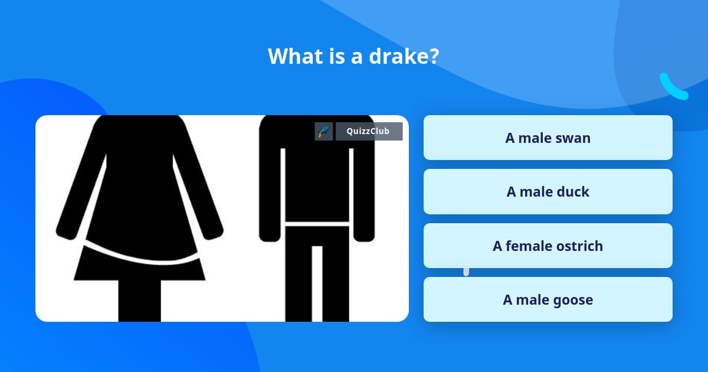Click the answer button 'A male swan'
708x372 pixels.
(x=548, y=138)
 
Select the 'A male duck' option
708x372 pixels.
(x=548, y=192)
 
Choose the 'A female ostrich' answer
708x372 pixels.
(x=548, y=246)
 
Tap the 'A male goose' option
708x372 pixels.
(x=548, y=299)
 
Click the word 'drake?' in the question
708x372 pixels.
(x=404, y=56)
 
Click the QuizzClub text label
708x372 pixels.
(x=368, y=131)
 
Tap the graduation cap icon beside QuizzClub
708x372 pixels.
(x=324, y=131)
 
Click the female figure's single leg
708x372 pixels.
(x=139, y=301)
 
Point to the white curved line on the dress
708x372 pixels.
(x=141, y=258)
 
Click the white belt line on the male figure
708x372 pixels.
(x=317, y=224)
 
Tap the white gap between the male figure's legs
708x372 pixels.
(x=317, y=284)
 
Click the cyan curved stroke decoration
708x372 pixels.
(x=673, y=88)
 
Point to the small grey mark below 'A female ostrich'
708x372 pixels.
(x=466, y=272)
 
